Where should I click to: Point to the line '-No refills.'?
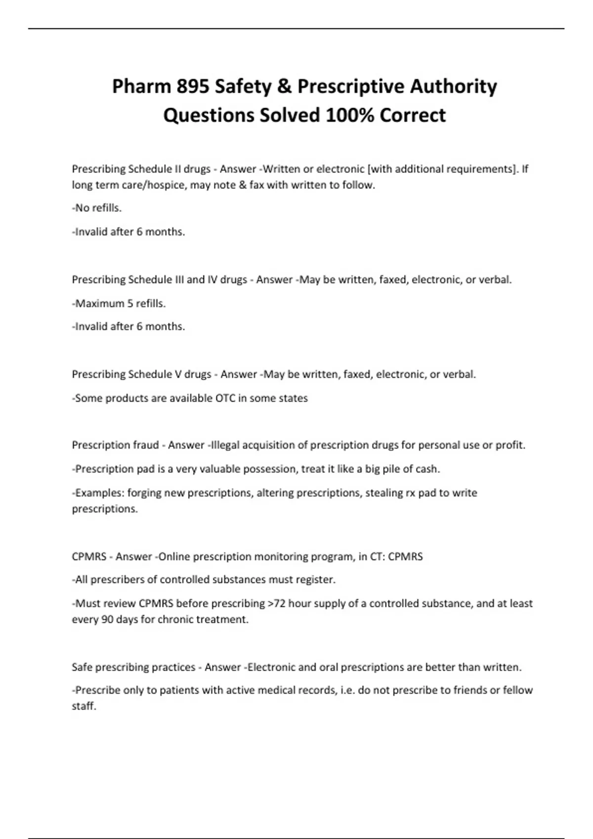[x=97, y=208]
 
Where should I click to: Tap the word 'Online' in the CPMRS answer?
[x=174, y=557]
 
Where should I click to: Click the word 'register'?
[x=315, y=580]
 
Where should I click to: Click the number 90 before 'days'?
[x=107, y=619]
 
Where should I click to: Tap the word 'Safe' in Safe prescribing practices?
[x=82, y=667]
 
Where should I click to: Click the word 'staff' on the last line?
[x=84, y=706]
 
